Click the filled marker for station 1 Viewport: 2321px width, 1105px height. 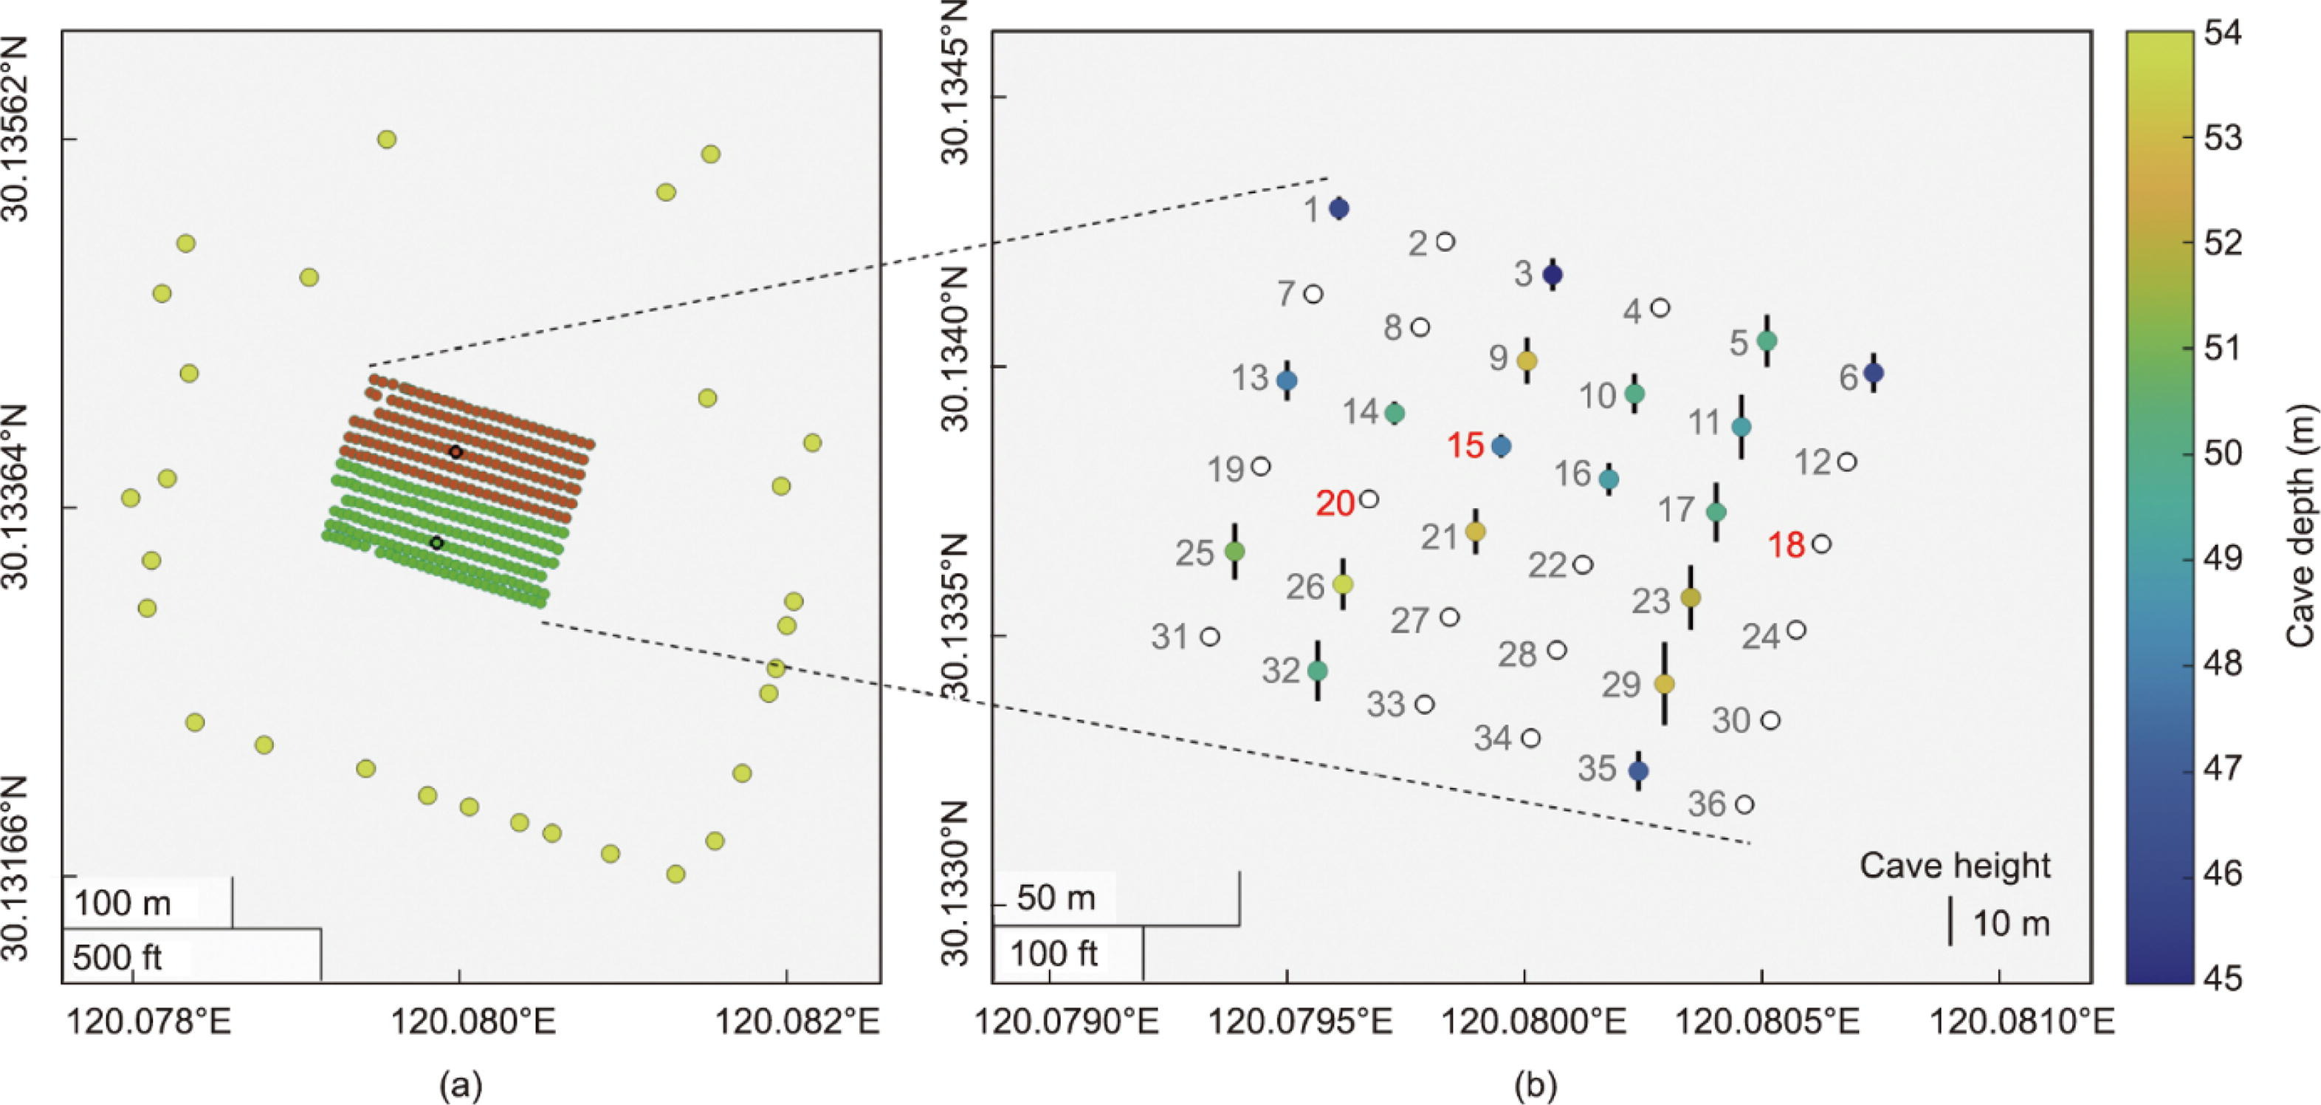[x=1340, y=208]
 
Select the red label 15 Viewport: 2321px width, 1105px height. [x=1466, y=445]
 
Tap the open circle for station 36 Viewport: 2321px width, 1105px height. [x=1745, y=804]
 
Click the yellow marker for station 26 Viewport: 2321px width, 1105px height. [x=1343, y=584]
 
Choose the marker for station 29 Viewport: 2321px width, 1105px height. [x=1664, y=684]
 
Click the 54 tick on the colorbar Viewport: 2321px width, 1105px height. [x=2227, y=33]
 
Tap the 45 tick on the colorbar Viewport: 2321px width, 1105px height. [x=2227, y=978]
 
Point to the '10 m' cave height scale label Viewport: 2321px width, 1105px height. [x=2012, y=924]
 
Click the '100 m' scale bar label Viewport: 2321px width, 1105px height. [x=123, y=902]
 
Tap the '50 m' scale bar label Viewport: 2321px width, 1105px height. [x=1056, y=899]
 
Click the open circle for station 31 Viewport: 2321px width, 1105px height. [x=1210, y=636]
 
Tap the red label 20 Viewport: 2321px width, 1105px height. [x=1335, y=504]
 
